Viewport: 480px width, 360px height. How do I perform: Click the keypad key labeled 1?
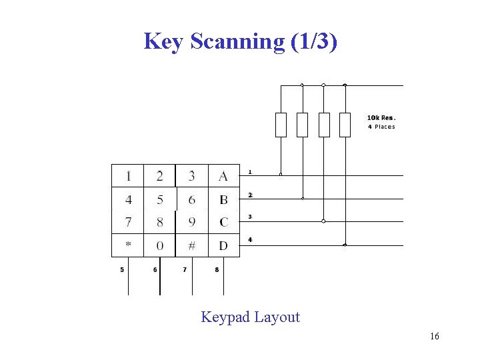tap(128, 177)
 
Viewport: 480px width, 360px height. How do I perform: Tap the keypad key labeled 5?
tap(160, 200)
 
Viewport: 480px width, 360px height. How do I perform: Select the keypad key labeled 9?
tap(192, 222)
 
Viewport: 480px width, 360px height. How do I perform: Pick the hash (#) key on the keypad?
tap(192, 245)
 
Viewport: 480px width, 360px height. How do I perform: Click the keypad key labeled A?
tap(223, 177)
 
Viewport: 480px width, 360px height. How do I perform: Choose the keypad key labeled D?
tap(223, 245)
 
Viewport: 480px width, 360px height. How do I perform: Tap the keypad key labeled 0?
tap(160, 245)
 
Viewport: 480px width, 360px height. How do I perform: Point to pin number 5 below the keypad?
tap(122, 270)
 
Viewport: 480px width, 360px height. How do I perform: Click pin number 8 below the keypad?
tap(217, 270)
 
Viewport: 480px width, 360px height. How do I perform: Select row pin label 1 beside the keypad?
tap(249, 172)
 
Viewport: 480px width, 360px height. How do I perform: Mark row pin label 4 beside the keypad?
tap(249, 239)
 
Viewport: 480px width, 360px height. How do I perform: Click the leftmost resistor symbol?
tap(281, 125)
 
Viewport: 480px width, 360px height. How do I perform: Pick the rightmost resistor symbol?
tap(345, 125)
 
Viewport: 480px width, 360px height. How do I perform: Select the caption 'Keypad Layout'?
tap(251, 317)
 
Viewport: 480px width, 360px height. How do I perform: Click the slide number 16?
tap(435, 337)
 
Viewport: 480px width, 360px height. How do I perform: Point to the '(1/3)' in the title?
tap(315, 41)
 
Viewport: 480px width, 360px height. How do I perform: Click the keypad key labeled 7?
tap(128, 222)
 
